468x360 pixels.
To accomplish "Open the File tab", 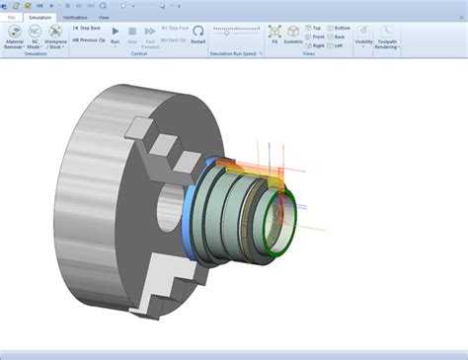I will (11, 18).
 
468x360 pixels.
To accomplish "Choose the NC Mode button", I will (35, 36).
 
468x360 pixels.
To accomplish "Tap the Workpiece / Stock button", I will (56, 36).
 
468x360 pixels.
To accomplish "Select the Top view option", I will (316, 28).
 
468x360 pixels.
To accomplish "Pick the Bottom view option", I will (340, 28).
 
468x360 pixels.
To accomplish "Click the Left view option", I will (338, 45).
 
